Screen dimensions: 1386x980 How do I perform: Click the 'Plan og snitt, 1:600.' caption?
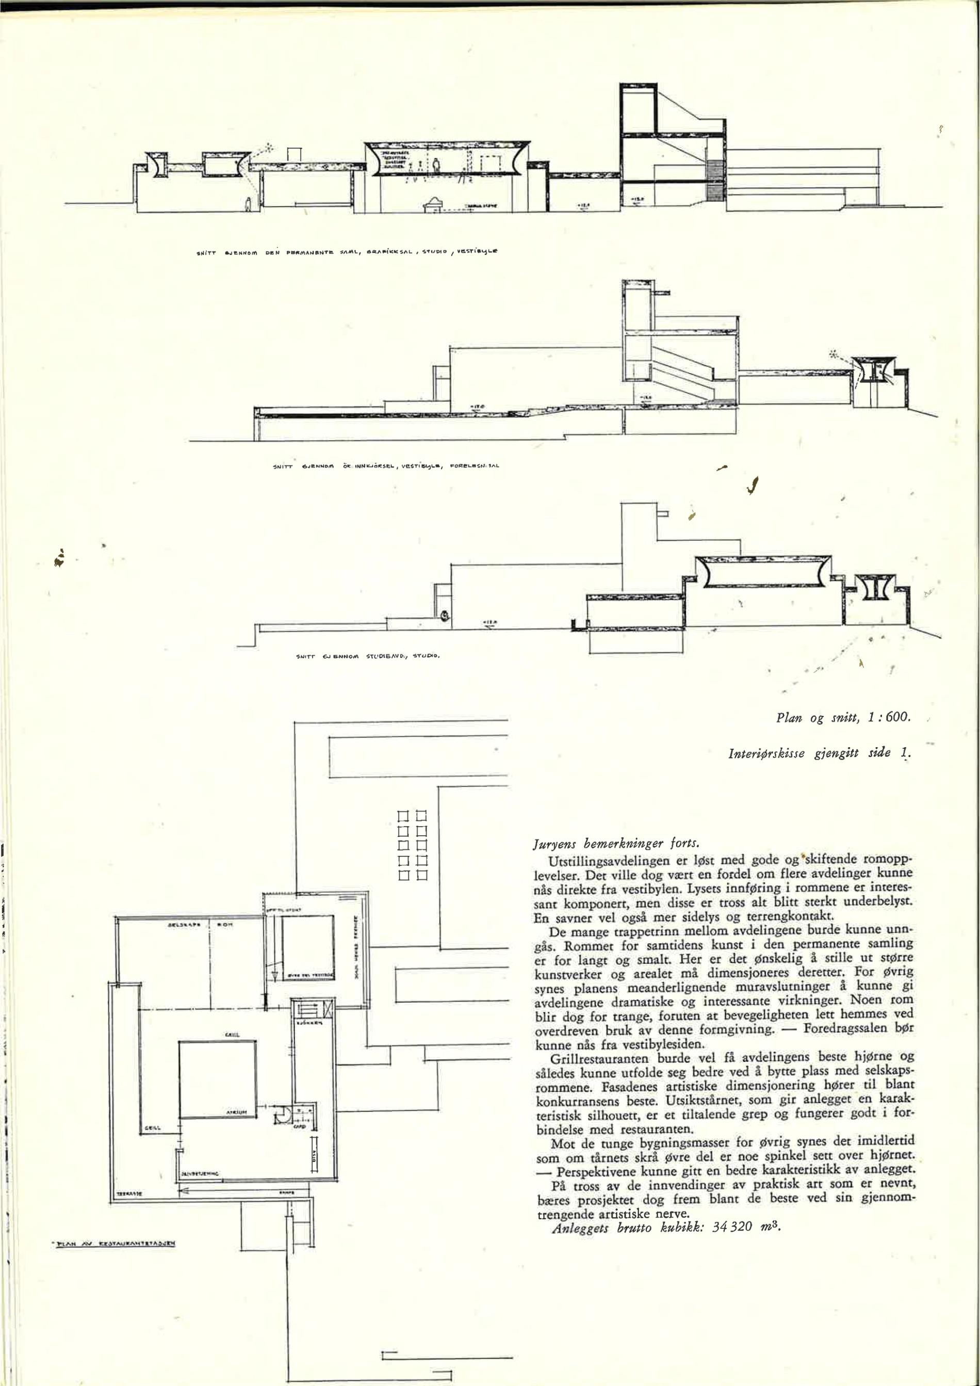[x=842, y=718]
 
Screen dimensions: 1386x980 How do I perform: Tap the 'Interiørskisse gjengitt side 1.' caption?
[x=820, y=753]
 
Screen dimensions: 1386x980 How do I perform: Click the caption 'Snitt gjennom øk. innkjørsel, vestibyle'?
[x=386, y=465]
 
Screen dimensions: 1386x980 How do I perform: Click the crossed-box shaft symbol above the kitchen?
[x=328, y=1009]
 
